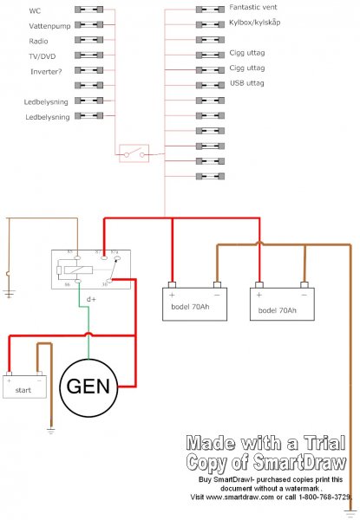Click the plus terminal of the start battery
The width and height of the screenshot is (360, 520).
(x=10, y=378)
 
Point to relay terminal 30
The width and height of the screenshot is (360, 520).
(x=106, y=283)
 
